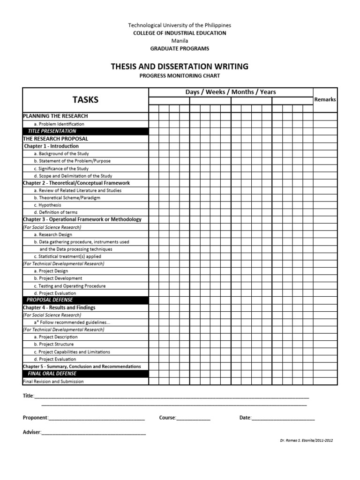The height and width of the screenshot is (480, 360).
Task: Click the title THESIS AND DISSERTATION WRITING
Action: click(x=180, y=67)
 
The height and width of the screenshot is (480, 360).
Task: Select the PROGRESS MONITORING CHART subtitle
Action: click(x=180, y=76)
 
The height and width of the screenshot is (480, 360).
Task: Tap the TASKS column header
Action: click(x=85, y=100)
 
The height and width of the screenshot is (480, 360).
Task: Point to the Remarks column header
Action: click(x=325, y=99)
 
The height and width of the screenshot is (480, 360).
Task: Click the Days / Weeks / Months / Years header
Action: click(x=231, y=92)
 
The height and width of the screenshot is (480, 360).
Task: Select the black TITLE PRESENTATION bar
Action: click(x=85, y=131)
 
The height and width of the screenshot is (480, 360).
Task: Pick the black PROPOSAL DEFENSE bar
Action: click(x=85, y=300)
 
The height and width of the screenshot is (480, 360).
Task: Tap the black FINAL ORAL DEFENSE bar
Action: click(x=85, y=374)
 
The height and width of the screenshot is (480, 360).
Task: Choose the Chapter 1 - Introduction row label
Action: click(x=52, y=146)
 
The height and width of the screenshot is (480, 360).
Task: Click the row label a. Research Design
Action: click(x=53, y=234)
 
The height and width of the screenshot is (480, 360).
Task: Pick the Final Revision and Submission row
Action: click(x=53, y=382)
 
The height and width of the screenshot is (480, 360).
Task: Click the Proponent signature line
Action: click(x=97, y=418)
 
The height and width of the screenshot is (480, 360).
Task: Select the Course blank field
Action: click(x=193, y=418)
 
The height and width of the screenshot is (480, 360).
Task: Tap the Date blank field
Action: click(x=283, y=418)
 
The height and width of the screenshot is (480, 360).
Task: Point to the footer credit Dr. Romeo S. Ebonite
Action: click(x=306, y=441)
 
